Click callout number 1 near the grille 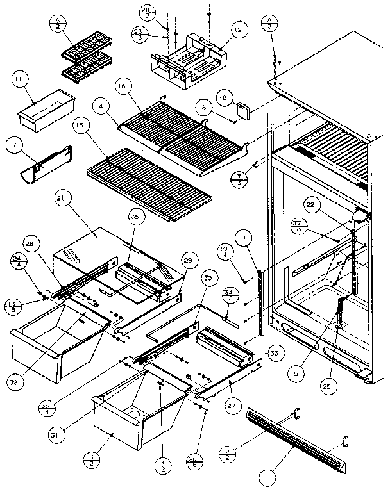[x=265, y=477]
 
